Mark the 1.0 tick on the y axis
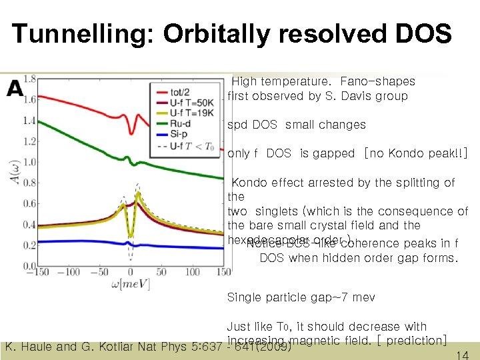[29, 162]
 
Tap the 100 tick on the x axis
[192, 272]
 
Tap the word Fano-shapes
[377, 81]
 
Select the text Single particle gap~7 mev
[301, 297]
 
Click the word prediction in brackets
[415, 340]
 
